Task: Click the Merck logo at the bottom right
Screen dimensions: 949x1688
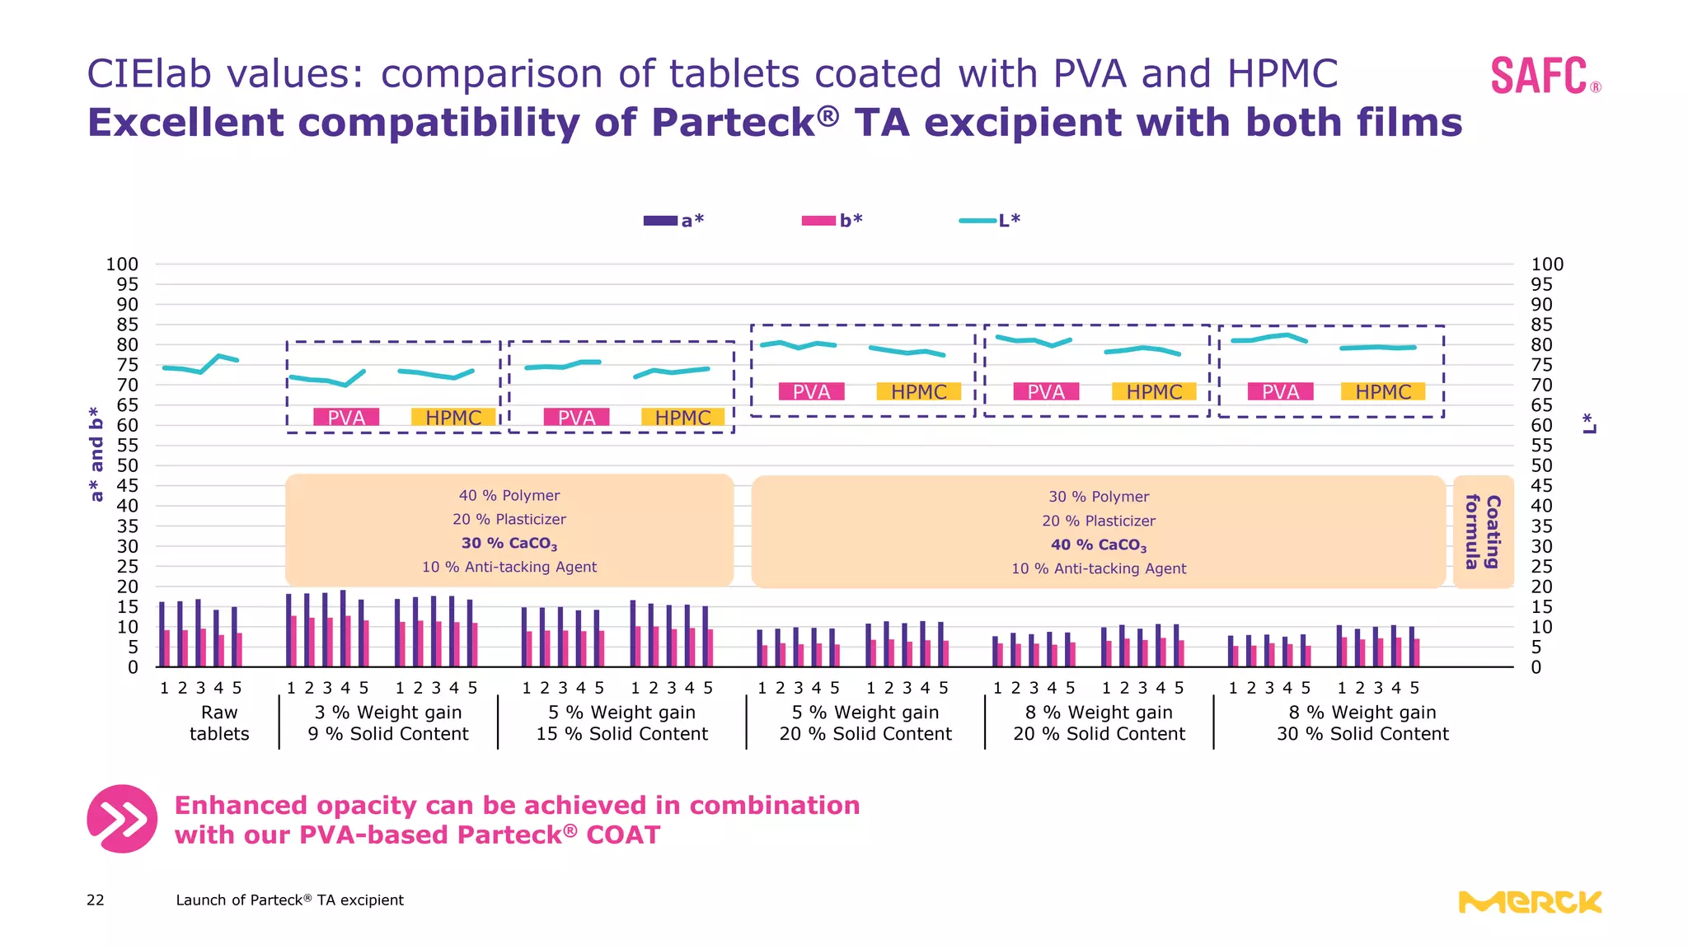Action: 1530,903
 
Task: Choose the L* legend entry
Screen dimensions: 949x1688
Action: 990,220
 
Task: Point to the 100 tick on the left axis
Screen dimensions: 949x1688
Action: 122,264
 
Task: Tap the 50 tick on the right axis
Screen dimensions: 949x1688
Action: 1541,465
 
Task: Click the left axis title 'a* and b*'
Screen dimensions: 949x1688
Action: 96,454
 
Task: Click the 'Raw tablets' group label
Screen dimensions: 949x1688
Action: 219,723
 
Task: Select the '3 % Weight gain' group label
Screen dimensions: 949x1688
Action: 388,713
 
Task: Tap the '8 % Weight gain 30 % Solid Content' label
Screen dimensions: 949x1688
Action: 1362,723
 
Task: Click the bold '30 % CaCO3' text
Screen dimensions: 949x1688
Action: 509,544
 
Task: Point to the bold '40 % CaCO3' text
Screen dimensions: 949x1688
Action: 1099,545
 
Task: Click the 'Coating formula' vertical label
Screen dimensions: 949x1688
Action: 1483,532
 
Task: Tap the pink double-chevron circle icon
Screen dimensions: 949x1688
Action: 122,819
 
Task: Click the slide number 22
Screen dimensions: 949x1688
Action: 96,900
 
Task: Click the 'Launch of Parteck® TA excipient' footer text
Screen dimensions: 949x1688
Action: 289,900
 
